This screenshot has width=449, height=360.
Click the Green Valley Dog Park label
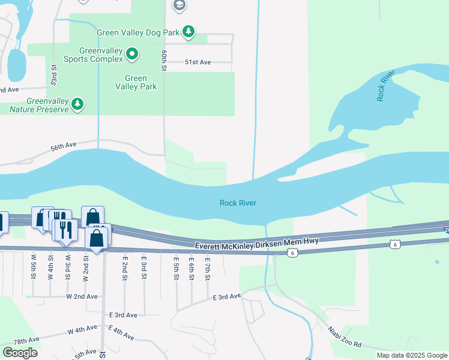point(139,31)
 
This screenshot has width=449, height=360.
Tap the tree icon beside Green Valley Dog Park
point(188,31)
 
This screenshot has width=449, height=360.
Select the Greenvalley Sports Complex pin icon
point(132,55)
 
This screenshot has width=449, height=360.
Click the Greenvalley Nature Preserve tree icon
point(77,105)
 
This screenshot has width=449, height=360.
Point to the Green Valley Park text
point(136,82)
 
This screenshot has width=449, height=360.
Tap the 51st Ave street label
point(197,62)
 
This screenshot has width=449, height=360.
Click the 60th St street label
point(163,60)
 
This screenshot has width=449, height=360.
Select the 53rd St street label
point(54,74)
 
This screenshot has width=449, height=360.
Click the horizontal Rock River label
point(238,203)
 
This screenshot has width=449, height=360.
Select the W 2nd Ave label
point(82,296)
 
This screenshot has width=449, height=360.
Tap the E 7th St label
point(206,264)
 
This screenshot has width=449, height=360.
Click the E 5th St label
point(176,264)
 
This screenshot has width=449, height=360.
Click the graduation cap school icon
point(178,6)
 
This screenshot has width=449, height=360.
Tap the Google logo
point(20,353)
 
